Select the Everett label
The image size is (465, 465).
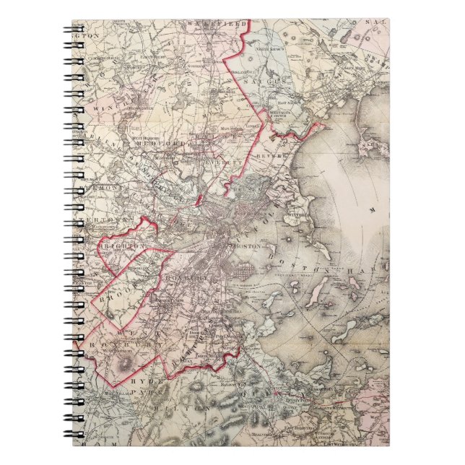(x=218, y=153)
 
